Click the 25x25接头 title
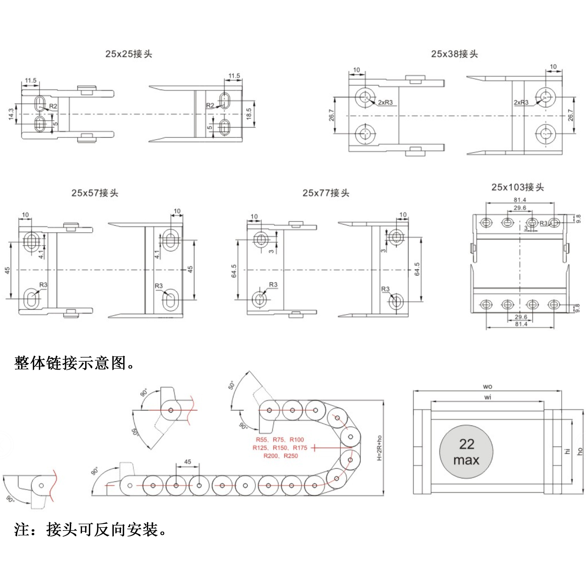tap(129, 54)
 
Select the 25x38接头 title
tap(454, 54)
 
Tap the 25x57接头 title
tap(95, 193)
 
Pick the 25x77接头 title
tap(326, 193)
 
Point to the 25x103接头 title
tap(518, 187)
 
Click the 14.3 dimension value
tap(11, 114)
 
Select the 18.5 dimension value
tap(249, 114)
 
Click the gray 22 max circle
tap(466, 452)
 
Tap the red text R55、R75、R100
tap(280, 439)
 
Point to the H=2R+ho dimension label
tap(379, 448)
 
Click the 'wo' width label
tap(488, 387)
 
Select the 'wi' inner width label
tap(488, 397)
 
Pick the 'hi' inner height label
tap(567, 451)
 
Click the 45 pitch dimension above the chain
tap(188, 462)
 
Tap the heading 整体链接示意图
tap(74, 363)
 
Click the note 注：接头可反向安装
tap(90, 530)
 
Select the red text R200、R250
tap(280, 456)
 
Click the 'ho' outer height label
tap(580, 451)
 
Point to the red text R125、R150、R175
tap(280, 448)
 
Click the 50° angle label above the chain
tap(232, 385)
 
